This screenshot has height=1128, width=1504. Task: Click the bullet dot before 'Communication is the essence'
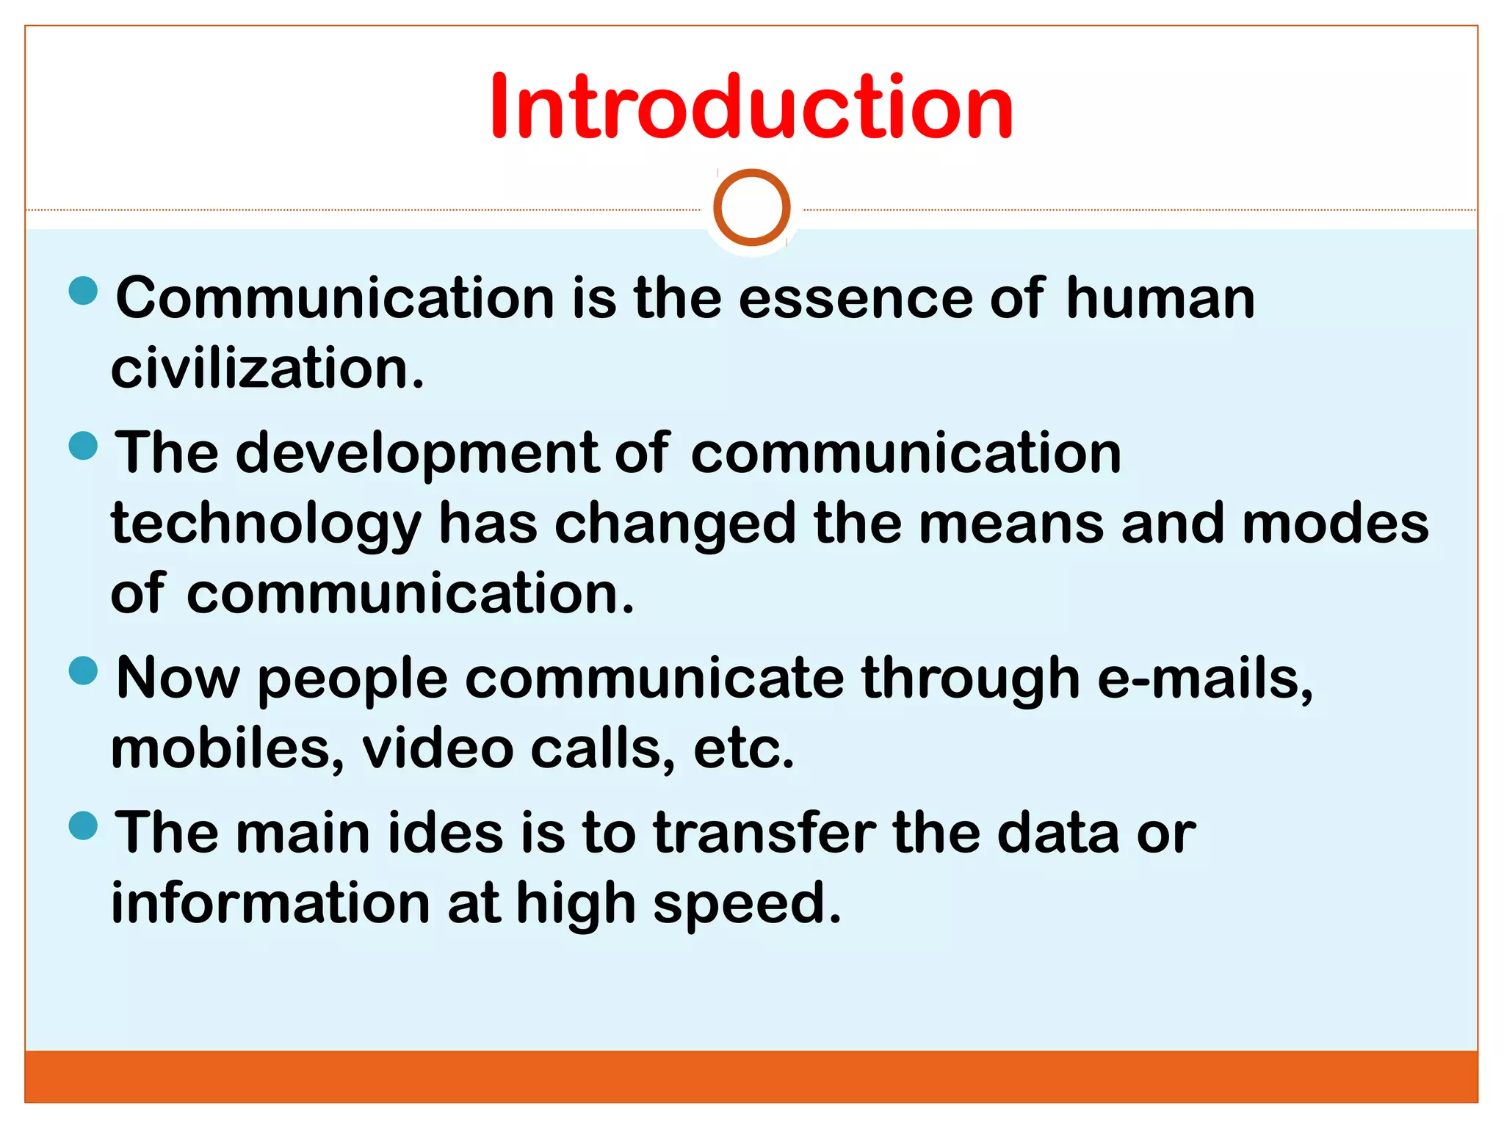coord(83,290)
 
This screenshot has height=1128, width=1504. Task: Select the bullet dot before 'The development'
coord(83,446)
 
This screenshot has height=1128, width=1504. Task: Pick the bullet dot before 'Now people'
coord(83,670)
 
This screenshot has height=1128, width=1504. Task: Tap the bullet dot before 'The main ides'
coord(83,825)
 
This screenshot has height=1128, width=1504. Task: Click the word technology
coord(267,526)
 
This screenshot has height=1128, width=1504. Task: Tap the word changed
coord(675,526)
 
